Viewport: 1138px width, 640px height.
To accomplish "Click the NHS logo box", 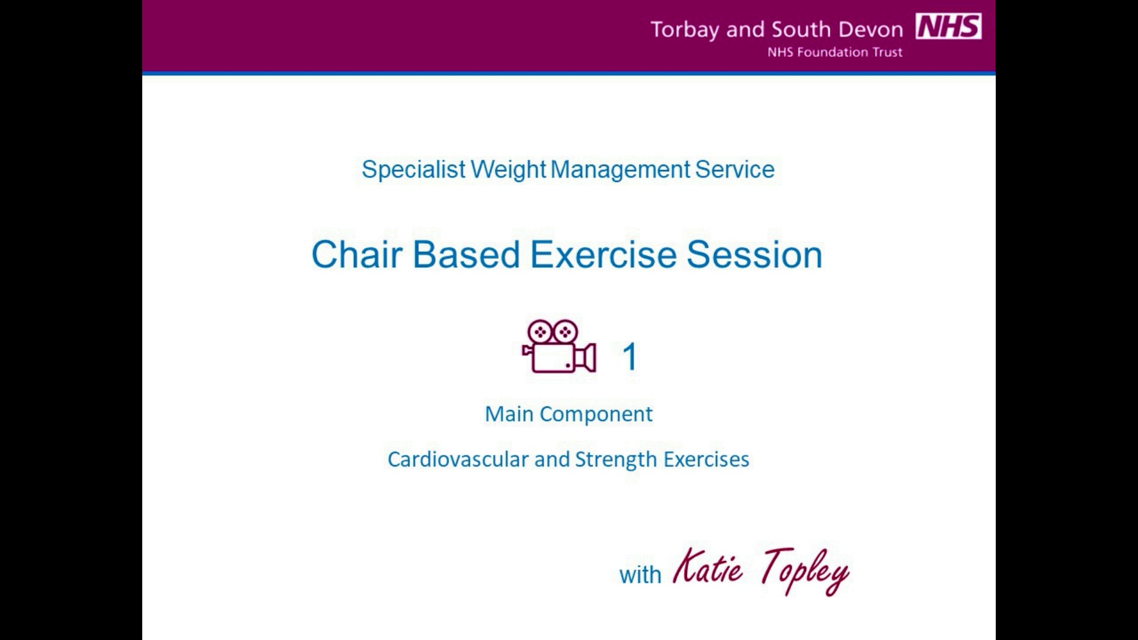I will click(948, 27).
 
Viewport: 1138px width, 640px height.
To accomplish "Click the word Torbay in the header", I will click(685, 30).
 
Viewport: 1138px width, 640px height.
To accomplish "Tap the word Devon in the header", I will click(870, 30).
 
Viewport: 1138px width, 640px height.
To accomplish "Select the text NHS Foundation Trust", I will click(835, 52).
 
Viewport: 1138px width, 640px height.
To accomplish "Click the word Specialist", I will click(413, 170).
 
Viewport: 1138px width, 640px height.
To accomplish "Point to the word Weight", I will click(508, 170).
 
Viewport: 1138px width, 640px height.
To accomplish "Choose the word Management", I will click(621, 170).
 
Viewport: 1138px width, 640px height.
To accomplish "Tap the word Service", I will click(734, 170).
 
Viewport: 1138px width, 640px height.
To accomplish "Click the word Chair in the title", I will click(357, 255).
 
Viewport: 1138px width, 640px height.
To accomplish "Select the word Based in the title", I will click(466, 255).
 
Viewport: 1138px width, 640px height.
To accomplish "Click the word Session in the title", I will click(755, 255).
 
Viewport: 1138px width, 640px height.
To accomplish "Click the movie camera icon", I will click(558, 347).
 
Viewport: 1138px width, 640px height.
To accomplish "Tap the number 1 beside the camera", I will click(629, 357).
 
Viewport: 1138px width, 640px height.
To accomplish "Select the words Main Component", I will click(568, 414).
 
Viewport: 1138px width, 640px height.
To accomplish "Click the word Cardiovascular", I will click(458, 460).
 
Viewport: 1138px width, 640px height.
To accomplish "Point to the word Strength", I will click(616, 460).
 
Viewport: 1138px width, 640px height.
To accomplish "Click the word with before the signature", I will click(640, 575).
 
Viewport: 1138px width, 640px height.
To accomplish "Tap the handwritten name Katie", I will click(708, 567).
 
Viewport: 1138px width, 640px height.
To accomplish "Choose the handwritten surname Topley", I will click(806, 570).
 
